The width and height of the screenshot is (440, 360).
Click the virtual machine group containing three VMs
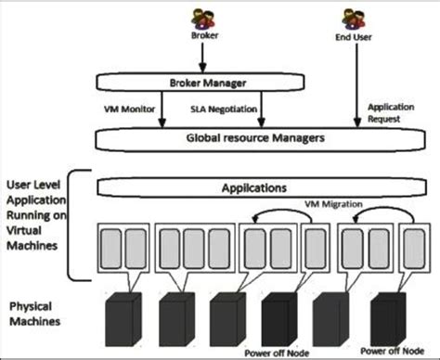point(191,250)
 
